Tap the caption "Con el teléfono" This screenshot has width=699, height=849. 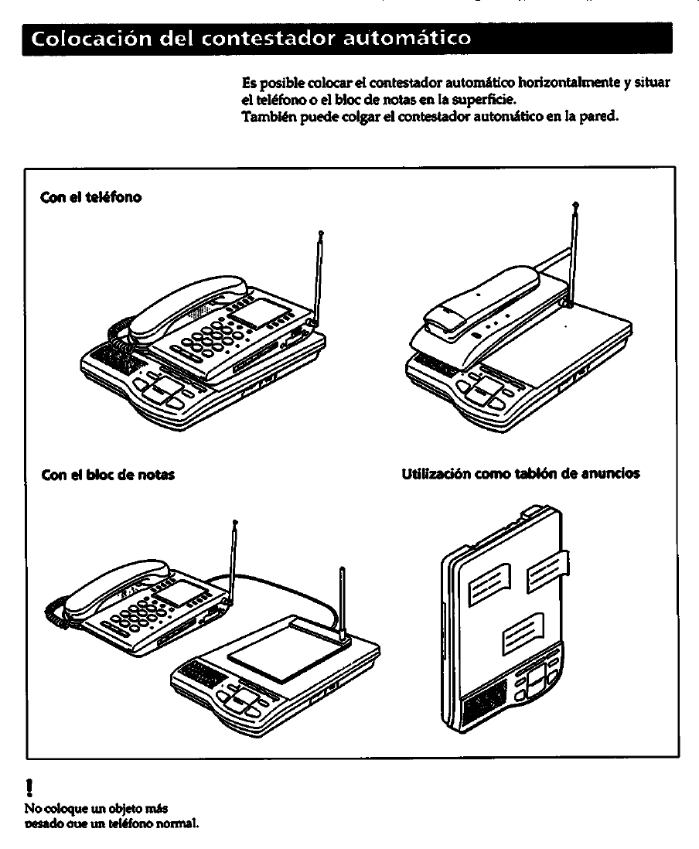91,196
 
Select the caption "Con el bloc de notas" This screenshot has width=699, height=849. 107,474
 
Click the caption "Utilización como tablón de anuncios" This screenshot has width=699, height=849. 521,473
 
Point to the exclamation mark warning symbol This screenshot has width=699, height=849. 29,788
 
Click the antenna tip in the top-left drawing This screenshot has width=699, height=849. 320,233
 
